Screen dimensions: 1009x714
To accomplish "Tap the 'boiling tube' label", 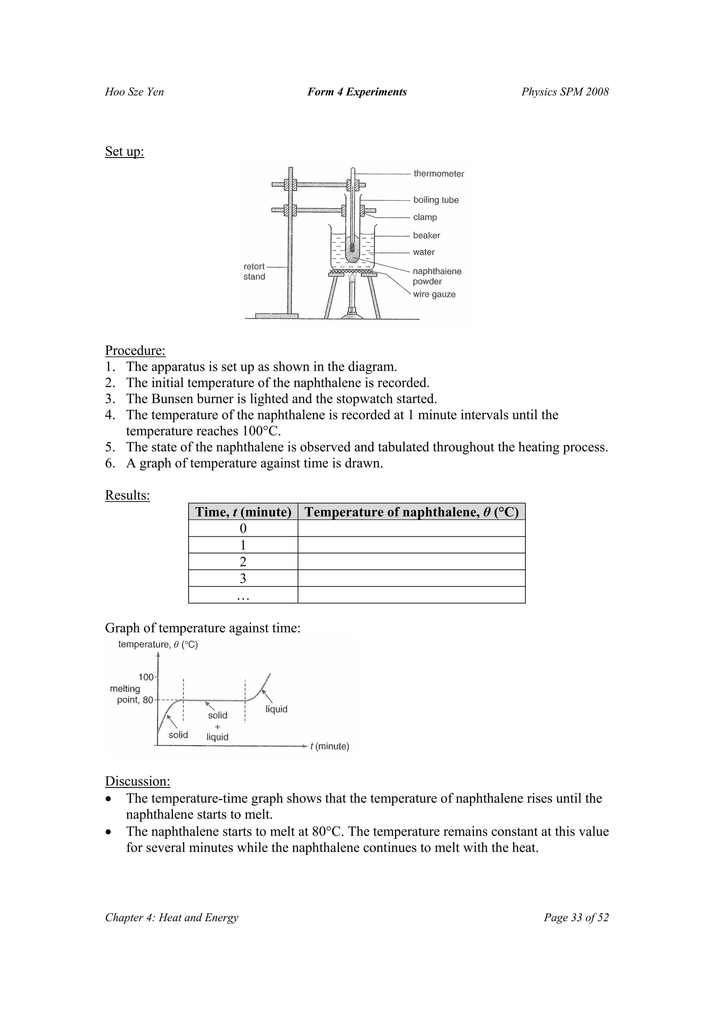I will (435, 200).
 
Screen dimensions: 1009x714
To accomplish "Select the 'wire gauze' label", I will (434, 294).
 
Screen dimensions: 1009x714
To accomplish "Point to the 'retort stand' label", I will (254, 272).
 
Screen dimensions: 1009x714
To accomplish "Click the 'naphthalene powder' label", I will (436, 277).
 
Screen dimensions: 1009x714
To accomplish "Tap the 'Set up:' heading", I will (124, 151).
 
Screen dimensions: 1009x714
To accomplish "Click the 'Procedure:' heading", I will (135, 350).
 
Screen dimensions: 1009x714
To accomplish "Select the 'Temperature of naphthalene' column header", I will (411, 512).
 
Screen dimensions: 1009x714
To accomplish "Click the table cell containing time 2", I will (243, 562).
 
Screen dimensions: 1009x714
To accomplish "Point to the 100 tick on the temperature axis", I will (146, 677).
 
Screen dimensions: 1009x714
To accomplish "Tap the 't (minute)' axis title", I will (329, 746).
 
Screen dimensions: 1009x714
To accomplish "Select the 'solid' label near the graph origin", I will (178, 735).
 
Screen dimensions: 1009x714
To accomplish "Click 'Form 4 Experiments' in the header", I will (357, 92).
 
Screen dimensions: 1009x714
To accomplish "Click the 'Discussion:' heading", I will (137, 781).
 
